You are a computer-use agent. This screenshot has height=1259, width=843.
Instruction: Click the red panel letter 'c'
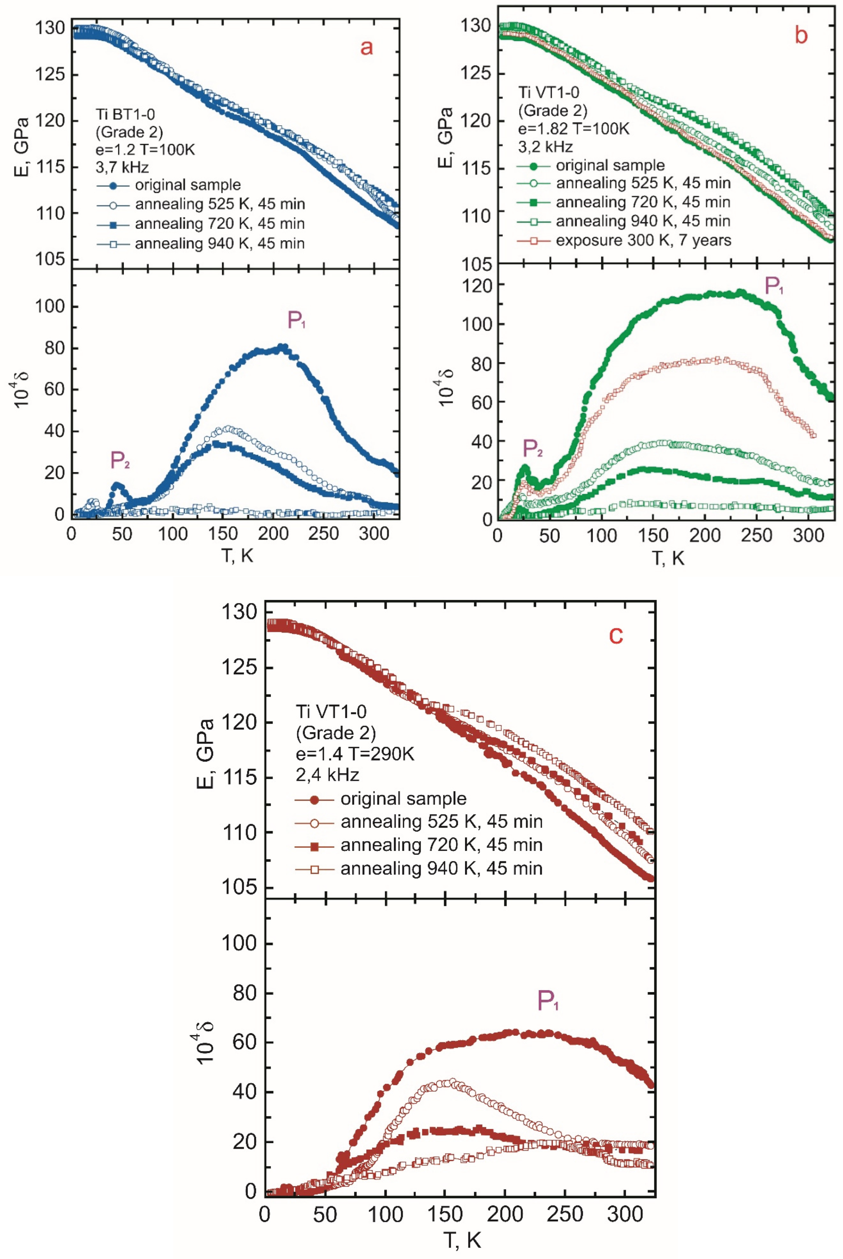click(616, 635)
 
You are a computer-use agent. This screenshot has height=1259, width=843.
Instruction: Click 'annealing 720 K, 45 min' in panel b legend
click(643, 202)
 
